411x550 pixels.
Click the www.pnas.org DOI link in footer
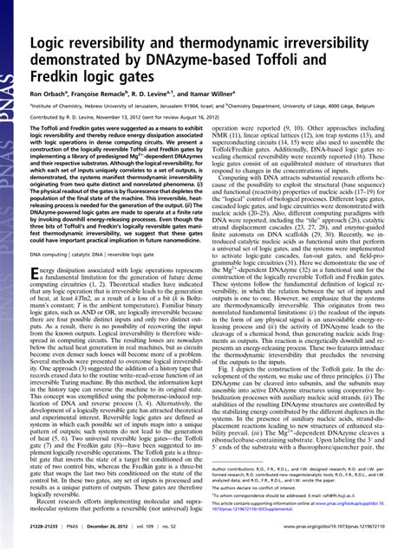(338, 537)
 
